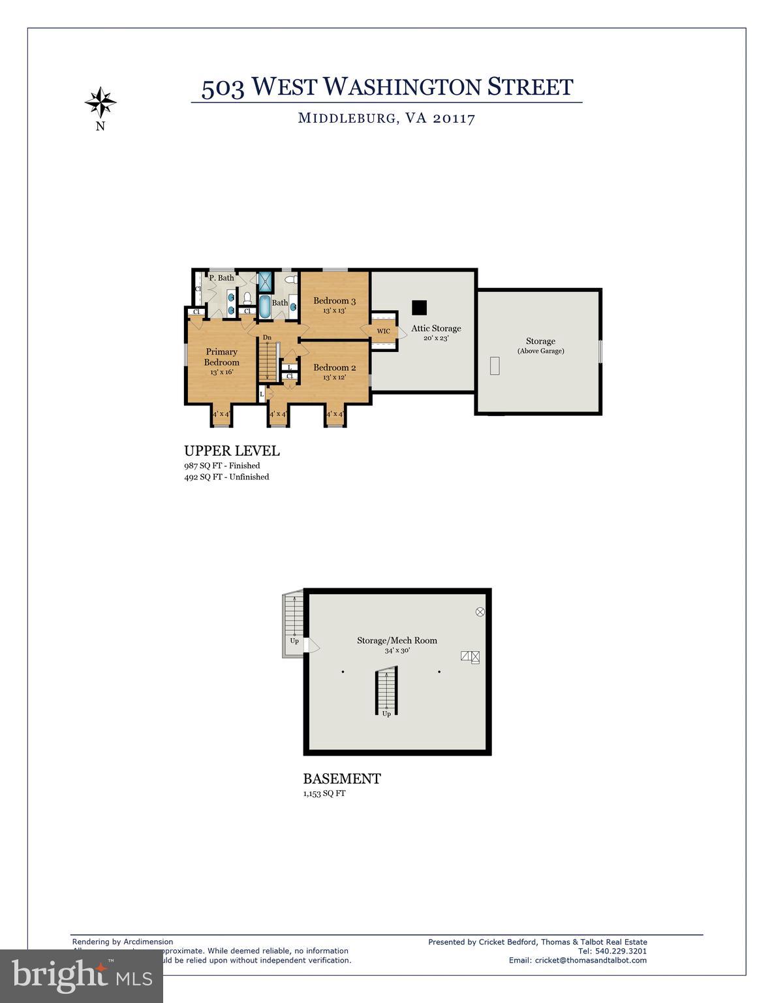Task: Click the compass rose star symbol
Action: (101, 102)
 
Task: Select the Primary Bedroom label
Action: (222, 357)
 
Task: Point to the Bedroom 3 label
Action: (334, 301)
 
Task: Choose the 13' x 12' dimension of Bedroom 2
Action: (334, 377)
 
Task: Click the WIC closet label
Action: (384, 331)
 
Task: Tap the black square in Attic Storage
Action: (419, 306)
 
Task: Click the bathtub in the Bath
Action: (266, 306)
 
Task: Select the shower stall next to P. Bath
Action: (266, 281)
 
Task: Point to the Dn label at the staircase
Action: (267, 338)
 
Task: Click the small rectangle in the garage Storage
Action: (495, 366)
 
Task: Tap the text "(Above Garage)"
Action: (540, 351)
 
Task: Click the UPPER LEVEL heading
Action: (232, 451)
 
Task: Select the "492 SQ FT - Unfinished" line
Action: (226, 477)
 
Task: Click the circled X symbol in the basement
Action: (480, 612)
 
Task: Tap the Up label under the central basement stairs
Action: (386, 714)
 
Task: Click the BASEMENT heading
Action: (342, 778)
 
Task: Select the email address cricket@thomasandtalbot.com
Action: (591, 960)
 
